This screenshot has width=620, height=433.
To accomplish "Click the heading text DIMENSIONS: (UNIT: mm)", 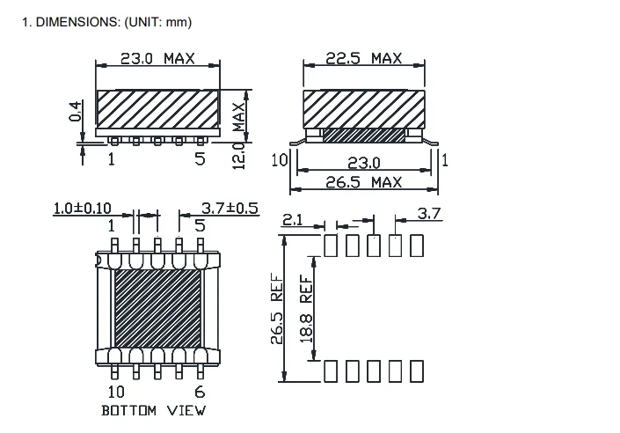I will (x=106, y=21).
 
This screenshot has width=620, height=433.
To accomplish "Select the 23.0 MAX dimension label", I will (x=158, y=59).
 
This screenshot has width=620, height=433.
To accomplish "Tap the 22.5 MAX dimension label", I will (x=364, y=58).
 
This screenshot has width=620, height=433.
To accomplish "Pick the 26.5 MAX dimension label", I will (x=364, y=182).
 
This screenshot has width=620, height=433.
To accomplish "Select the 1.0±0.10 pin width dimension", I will (x=82, y=209).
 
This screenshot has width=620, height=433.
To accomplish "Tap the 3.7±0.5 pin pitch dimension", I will (x=230, y=209).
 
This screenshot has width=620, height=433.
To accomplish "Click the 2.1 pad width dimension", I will (x=292, y=221).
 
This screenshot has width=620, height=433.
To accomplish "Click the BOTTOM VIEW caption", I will (x=154, y=410).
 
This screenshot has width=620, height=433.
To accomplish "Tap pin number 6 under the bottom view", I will (x=200, y=392).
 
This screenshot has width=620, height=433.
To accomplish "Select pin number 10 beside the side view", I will (x=280, y=159).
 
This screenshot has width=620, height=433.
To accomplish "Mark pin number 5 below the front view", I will (x=201, y=158).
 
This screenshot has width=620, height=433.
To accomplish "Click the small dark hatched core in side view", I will (x=364, y=136).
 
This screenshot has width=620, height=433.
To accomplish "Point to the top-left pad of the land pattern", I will (x=332, y=246).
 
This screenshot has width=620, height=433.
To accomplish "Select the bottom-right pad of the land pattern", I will (x=416, y=372).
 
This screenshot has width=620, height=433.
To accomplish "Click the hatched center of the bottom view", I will (x=158, y=307).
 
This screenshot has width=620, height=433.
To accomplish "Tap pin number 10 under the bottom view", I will (x=116, y=392).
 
